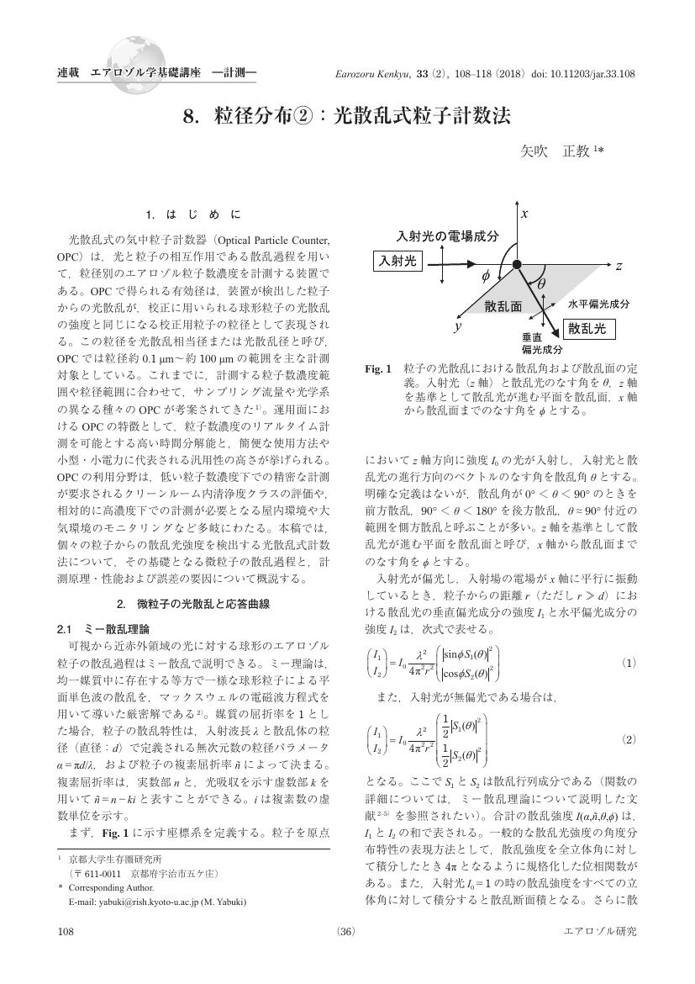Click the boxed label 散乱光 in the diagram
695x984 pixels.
click(x=586, y=328)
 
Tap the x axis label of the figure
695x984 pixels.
click(x=524, y=214)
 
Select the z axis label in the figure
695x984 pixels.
click(x=618, y=266)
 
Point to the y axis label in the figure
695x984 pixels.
click(x=458, y=326)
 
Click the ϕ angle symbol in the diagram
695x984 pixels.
click(x=485, y=275)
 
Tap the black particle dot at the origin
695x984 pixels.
click(x=517, y=266)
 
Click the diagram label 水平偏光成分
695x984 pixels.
click(x=599, y=303)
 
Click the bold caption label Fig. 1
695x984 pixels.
click(x=378, y=369)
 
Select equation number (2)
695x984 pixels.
click(x=628, y=739)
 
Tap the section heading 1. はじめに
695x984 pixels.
click(x=192, y=214)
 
